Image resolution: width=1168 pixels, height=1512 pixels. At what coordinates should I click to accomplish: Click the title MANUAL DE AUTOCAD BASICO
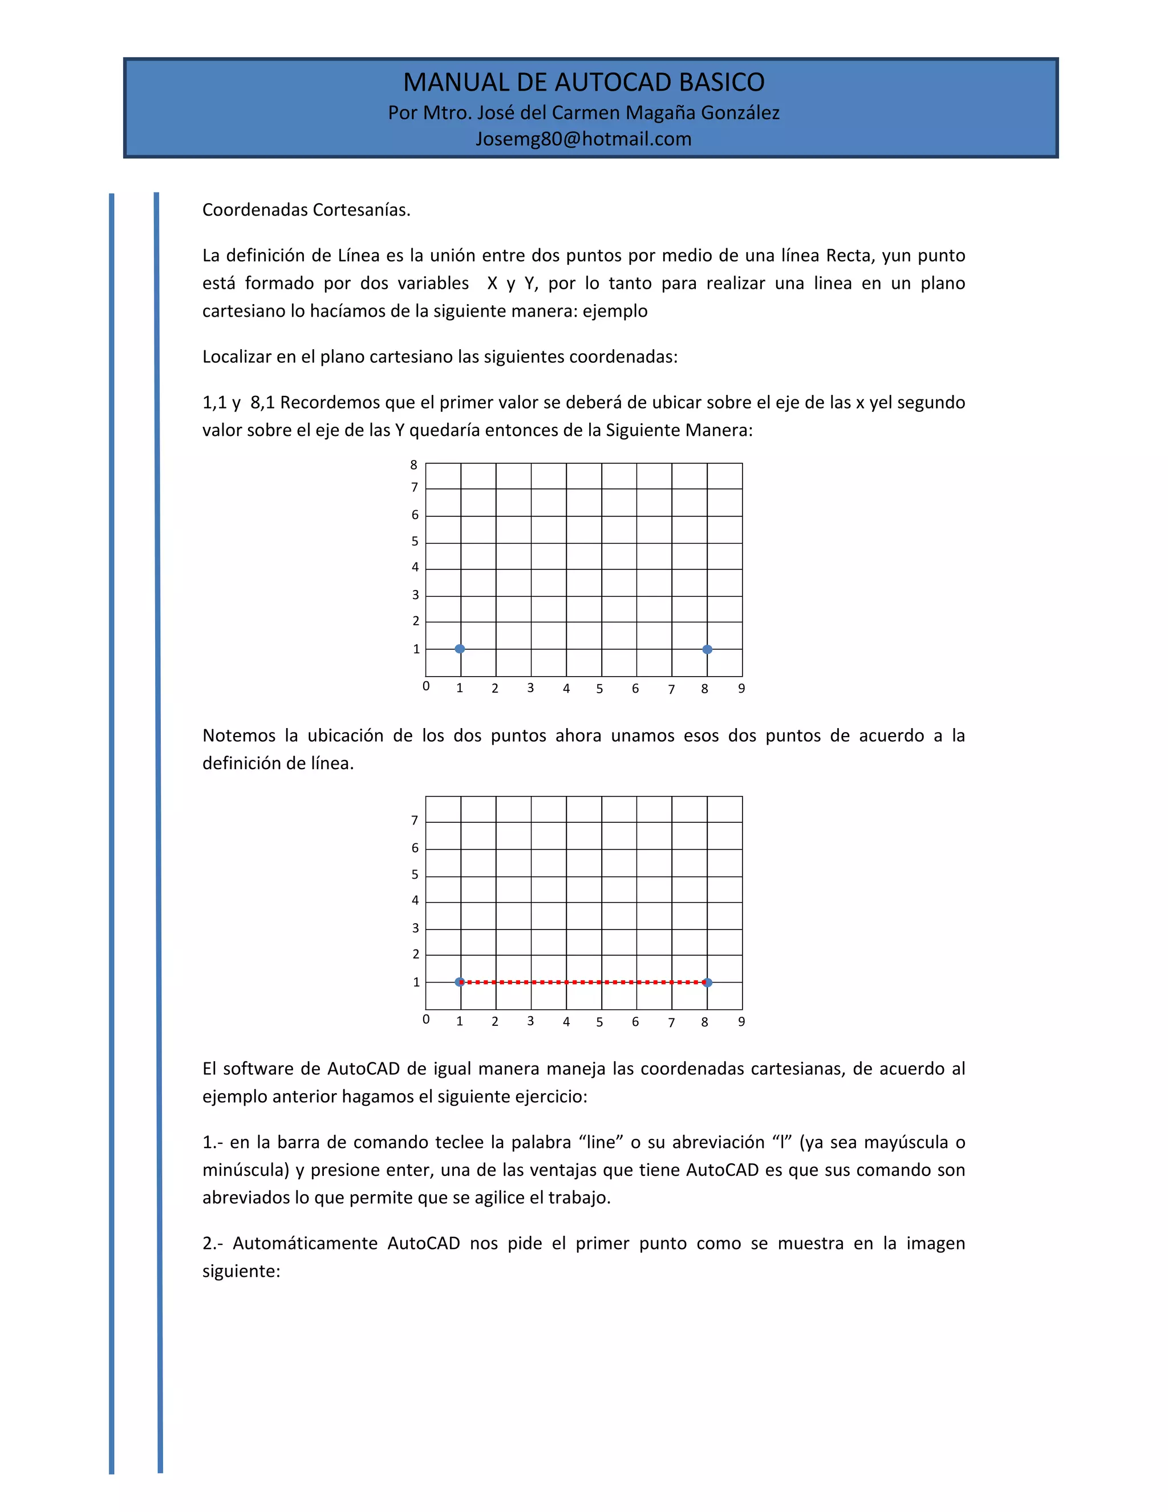point(583,82)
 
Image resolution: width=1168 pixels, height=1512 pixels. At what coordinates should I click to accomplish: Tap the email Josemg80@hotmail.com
point(583,139)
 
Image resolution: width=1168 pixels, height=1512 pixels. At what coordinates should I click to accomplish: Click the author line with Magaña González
point(583,112)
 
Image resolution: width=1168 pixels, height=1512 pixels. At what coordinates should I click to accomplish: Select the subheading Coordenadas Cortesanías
point(306,210)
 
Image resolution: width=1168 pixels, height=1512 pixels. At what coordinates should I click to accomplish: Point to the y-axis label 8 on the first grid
point(414,465)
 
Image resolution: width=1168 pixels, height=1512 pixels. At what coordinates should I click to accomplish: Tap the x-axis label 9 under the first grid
point(741,688)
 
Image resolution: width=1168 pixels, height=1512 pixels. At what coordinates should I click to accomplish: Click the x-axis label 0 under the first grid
point(426,686)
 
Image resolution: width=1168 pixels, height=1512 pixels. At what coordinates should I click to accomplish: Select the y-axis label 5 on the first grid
point(415,541)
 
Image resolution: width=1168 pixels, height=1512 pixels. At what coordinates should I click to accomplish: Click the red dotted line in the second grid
point(583,982)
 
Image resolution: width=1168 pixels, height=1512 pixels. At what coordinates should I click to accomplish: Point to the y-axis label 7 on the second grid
point(415,820)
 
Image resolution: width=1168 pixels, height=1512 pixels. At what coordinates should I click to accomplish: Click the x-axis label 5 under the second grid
point(599,1022)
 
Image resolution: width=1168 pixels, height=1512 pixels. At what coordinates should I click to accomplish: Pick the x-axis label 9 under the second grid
point(741,1022)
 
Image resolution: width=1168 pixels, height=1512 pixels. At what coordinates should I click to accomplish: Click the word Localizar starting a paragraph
point(236,357)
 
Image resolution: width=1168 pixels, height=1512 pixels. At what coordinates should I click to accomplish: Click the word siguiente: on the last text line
point(241,1271)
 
